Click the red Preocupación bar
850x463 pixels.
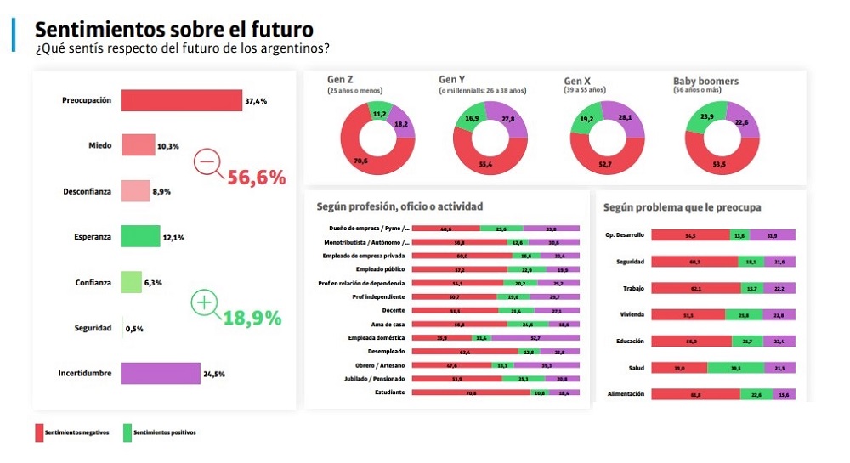coord(181,100)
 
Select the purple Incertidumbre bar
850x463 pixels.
coord(161,373)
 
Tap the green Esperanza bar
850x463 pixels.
coord(140,236)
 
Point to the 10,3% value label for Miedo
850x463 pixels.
coord(167,146)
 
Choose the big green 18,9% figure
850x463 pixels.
coord(252,319)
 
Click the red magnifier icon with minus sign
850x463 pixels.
coord(207,161)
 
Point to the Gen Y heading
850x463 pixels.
coord(452,81)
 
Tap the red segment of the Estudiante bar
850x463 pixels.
coord(470,392)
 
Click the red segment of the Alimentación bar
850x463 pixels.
coord(694,394)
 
